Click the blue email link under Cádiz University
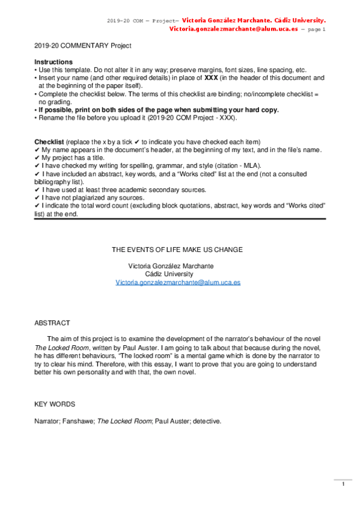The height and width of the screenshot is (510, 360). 178,282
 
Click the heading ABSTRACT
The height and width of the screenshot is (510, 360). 52,323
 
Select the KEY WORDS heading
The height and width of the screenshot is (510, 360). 55,404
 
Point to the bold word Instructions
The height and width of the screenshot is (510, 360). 53,62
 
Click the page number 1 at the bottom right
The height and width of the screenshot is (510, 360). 343,484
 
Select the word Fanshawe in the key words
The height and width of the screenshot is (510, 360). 75,420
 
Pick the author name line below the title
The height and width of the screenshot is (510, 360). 171,266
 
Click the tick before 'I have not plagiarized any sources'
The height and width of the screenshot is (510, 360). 37,197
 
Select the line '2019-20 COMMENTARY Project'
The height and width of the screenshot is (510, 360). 82,46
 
